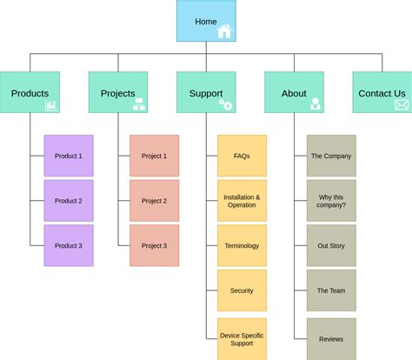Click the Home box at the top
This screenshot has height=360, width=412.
coord(206,21)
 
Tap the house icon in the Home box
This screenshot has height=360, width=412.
coord(225,31)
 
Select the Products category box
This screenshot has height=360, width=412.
coord(30,92)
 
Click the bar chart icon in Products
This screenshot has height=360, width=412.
coord(50,104)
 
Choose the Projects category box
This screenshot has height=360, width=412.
coord(117,92)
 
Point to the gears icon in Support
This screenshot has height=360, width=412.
coord(225,104)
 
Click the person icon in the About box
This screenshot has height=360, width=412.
coord(315,104)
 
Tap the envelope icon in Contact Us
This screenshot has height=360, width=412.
coord(401,104)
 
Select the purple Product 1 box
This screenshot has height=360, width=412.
coord(69,156)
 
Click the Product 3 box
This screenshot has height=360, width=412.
coord(69,246)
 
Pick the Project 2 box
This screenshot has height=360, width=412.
coord(154,201)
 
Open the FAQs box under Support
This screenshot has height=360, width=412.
coord(242,156)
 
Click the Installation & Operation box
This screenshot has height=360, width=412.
coord(242,201)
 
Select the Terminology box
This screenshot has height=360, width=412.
coord(242,246)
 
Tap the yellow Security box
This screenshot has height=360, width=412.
coord(242,290)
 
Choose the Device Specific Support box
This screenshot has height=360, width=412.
coord(242,338)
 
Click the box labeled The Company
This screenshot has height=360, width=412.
coord(330,156)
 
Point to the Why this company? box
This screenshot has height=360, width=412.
coord(330,201)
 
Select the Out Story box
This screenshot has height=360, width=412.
coord(330,246)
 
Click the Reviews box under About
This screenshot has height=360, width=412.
coord(330,338)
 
